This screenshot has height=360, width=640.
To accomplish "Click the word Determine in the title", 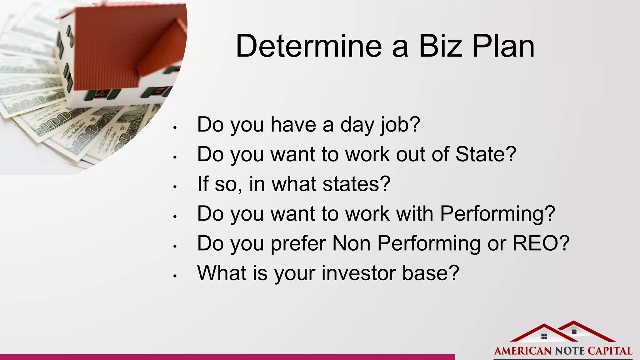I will pyautogui.click(x=309, y=46).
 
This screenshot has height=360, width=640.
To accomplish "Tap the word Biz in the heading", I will pyautogui.click(x=440, y=46).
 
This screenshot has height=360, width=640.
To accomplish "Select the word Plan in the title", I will pyautogui.click(x=503, y=46).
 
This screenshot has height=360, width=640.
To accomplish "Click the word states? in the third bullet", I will pyautogui.click(x=356, y=184).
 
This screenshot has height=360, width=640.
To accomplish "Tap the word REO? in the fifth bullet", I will pyautogui.click(x=541, y=243).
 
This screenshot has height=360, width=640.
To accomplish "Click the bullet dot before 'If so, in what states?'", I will pyautogui.click(x=175, y=187).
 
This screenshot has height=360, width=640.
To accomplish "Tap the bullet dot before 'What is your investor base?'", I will pyautogui.click(x=175, y=276).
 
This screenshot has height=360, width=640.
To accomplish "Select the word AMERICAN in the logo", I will pyautogui.click(x=522, y=351).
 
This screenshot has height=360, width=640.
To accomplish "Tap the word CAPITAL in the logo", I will pyautogui.click(x=610, y=351).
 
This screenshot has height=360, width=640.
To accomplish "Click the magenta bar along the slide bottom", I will pyautogui.click(x=227, y=357).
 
